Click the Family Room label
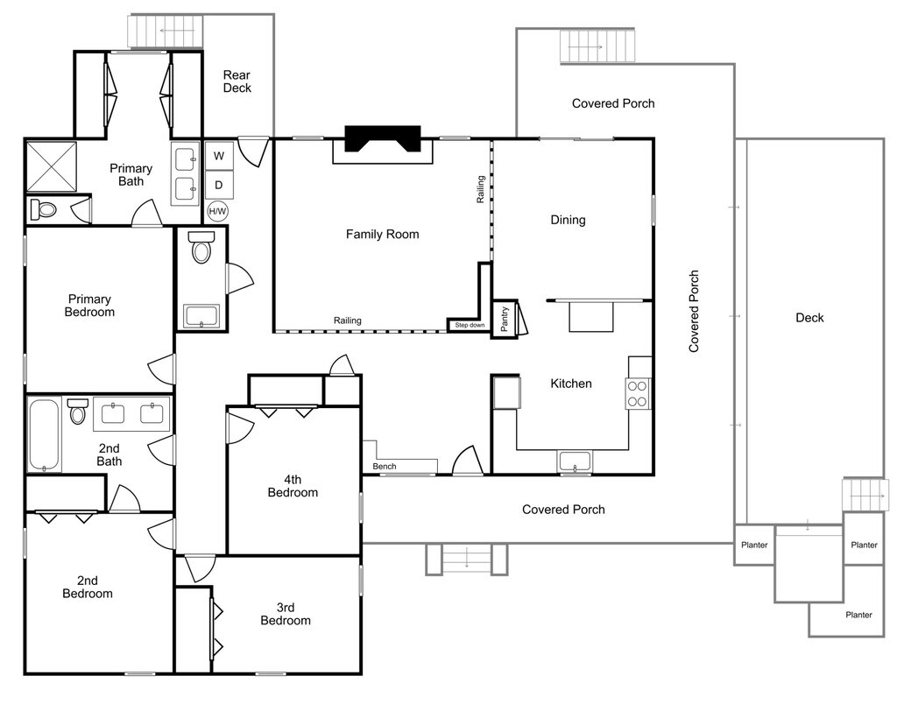pos(382,234)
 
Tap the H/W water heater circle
pos(217,212)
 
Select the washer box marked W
pos(219,156)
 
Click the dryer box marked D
pos(219,185)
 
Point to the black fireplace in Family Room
pos(383,138)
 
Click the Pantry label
pos(504,319)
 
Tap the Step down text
pos(470,325)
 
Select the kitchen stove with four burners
pos(638,393)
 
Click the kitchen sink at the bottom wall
pos(575,461)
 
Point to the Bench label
pos(385,466)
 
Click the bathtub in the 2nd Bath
pos(44,434)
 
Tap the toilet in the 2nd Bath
pos(77,412)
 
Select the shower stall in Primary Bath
pos(52,166)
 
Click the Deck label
pos(809,317)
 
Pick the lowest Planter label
pos(858,615)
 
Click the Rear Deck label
pos(237,81)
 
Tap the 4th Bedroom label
pos(293,486)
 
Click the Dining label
pos(568,220)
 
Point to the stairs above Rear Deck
pos(166,31)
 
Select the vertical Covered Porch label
pos(694,311)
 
